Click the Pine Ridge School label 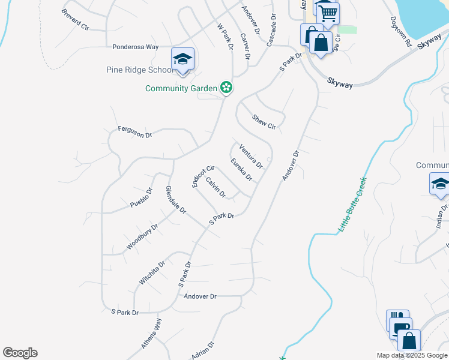pos(139,70)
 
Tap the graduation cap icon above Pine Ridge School pos(182,59)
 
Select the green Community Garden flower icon pos(226,88)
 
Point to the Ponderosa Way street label pos(136,47)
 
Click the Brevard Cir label pos(74,19)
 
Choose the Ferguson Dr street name pos(134,132)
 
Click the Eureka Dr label pos(241,169)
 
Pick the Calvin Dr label pos(215,187)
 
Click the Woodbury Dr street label pos(142,237)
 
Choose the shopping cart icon pos(327,13)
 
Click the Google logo pos(20,353)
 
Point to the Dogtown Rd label pos(400,32)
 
